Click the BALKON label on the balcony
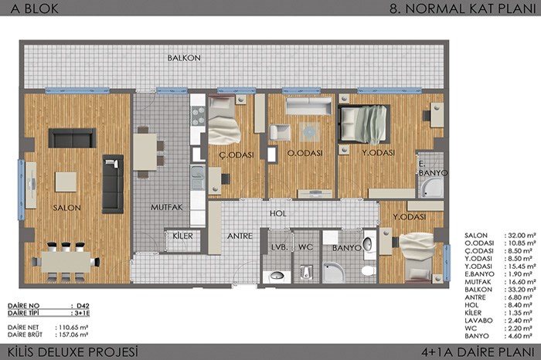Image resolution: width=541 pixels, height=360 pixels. [x=184, y=58]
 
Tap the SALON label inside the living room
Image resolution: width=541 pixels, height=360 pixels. [x=67, y=208]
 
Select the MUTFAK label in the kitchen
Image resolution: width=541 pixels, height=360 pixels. [x=167, y=207]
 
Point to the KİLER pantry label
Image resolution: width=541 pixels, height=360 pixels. [x=183, y=236]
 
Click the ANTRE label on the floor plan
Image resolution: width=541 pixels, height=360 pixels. [x=240, y=236]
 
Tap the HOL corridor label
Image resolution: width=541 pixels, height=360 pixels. [x=278, y=213]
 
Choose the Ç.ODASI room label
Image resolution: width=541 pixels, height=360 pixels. [x=236, y=155]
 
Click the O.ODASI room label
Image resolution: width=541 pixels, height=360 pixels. [x=305, y=153]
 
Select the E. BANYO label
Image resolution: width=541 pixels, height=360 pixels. [x=433, y=169]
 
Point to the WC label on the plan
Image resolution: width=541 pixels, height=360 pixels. [x=306, y=247]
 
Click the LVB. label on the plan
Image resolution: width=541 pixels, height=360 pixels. [x=280, y=247]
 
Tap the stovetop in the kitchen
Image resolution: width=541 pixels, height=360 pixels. [x=198, y=116]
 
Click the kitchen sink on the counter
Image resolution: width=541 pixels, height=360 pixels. [x=198, y=178]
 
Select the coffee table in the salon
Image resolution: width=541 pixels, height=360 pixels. [x=66, y=182]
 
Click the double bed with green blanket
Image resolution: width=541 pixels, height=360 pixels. [x=364, y=124]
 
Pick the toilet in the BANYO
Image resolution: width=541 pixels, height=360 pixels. [x=369, y=270]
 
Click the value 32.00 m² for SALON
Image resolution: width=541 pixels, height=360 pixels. [x=520, y=236]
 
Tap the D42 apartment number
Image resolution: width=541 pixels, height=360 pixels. [x=83, y=305]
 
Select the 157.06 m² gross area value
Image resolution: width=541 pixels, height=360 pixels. [x=71, y=335]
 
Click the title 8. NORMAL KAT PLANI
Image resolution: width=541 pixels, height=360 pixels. [x=463, y=8]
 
